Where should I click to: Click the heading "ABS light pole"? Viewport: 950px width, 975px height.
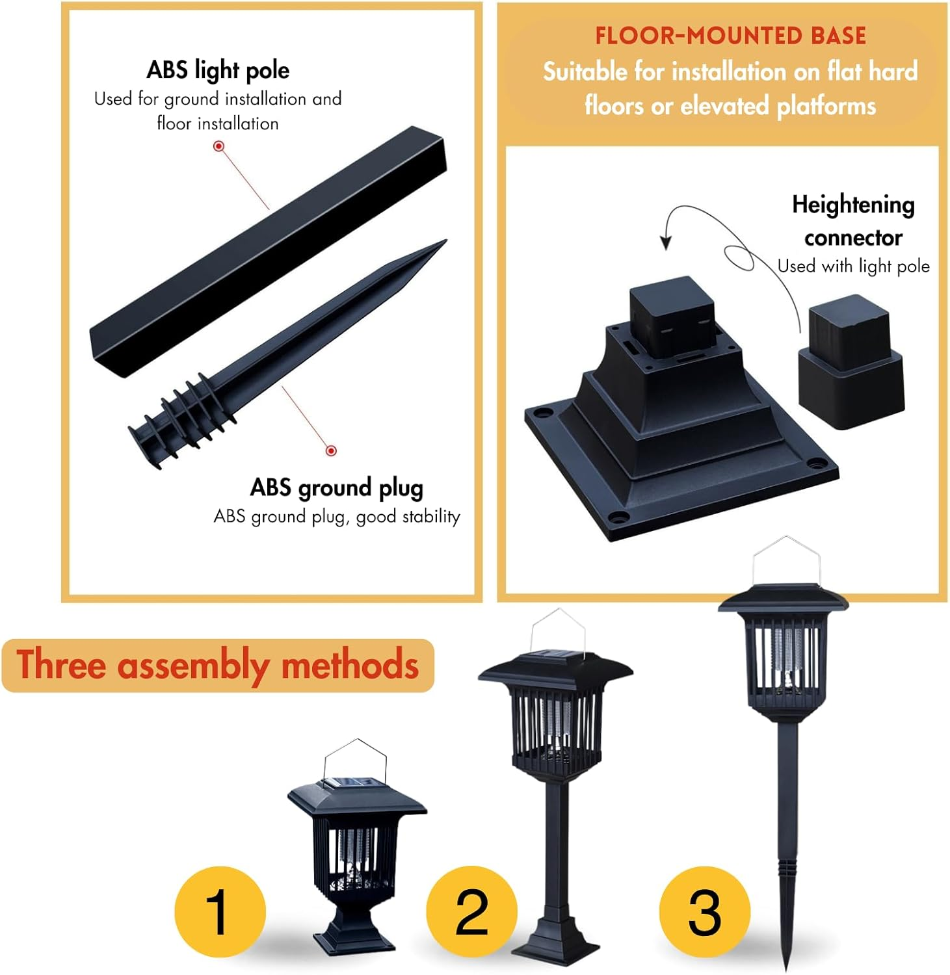click(x=218, y=70)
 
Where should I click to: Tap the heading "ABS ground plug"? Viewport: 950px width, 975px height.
click(x=336, y=487)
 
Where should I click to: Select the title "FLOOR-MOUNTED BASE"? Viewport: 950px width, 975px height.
click(x=730, y=36)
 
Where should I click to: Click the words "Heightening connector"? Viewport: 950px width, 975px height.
click(x=853, y=221)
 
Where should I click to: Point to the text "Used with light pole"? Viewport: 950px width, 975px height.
click(x=853, y=266)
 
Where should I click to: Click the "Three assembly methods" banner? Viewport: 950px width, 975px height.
click(x=218, y=665)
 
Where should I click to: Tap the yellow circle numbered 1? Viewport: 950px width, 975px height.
click(x=220, y=911)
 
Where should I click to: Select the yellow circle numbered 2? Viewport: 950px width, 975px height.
click(x=471, y=911)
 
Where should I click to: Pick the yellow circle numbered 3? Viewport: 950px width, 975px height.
click(x=704, y=911)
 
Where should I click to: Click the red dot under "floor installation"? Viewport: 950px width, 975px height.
click(x=219, y=146)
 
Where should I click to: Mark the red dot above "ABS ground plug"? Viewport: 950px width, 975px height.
click(x=331, y=450)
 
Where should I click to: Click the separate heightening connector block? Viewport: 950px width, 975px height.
click(x=850, y=363)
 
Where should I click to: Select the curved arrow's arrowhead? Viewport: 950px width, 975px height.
click(x=665, y=243)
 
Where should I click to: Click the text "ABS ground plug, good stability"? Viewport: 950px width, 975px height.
click(x=336, y=517)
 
